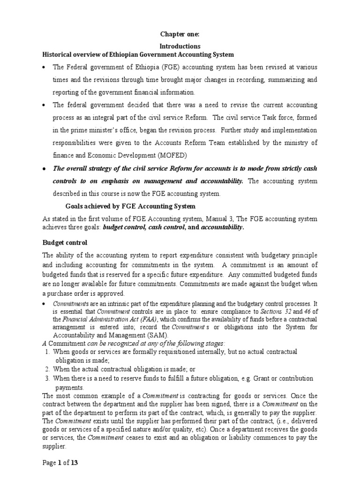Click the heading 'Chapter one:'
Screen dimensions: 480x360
(180, 34)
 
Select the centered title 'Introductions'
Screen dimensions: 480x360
(180, 46)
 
